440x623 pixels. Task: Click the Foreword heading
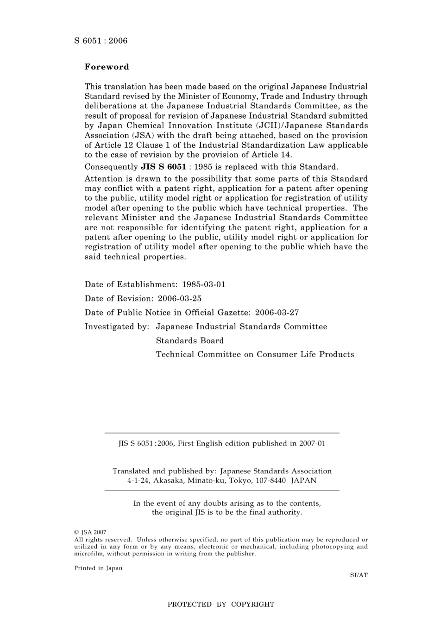[x=107, y=67]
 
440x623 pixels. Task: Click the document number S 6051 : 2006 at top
[x=101, y=41]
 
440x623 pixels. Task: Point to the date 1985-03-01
[x=204, y=284]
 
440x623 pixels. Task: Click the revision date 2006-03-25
[x=180, y=299]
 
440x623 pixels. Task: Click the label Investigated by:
[x=117, y=327]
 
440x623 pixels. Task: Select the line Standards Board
[x=190, y=340]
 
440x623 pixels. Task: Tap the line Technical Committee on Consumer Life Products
[x=255, y=354]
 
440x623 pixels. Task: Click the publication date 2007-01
[x=312, y=443]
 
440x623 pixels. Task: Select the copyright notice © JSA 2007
[x=90, y=533]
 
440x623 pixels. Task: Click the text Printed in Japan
[x=98, y=568]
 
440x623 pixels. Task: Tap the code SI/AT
[x=359, y=575]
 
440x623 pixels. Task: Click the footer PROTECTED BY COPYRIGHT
[x=221, y=604]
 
